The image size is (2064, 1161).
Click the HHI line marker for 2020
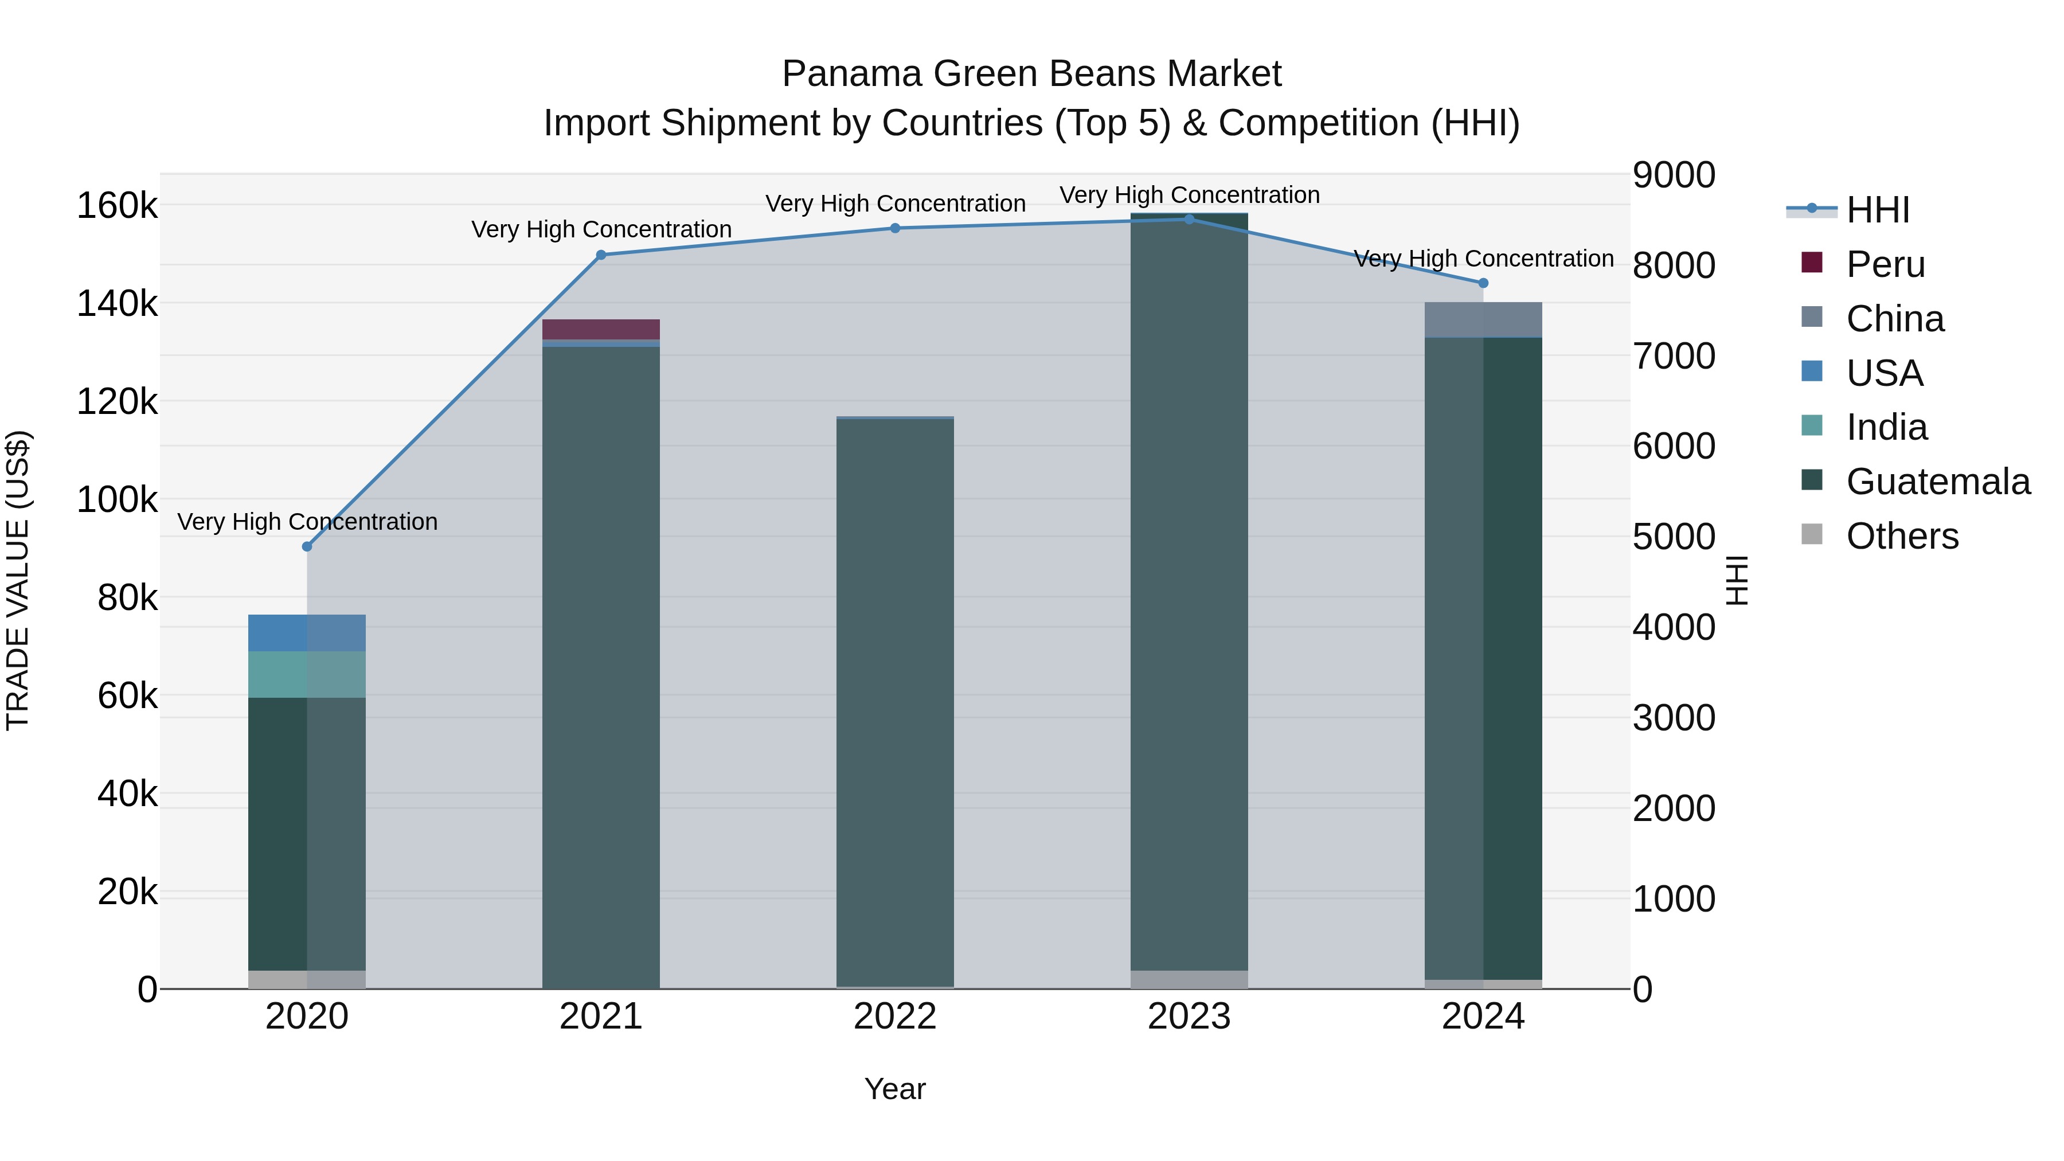[307, 546]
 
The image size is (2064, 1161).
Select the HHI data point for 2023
[1189, 220]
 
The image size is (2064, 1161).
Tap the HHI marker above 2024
[1483, 283]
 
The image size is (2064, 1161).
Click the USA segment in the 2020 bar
[307, 633]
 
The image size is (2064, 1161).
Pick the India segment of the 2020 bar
[307, 675]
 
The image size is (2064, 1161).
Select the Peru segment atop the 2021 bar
[601, 329]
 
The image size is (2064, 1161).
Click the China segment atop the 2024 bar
[1483, 320]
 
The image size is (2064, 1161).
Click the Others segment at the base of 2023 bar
[1189, 979]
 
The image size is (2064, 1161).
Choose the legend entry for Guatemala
[1937, 482]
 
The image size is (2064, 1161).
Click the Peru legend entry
[1885, 264]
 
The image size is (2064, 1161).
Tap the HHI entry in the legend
[1877, 210]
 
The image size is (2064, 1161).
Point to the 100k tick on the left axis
[117, 500]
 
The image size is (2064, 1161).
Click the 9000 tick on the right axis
[1674, 175]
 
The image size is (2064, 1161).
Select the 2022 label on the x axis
[895, 1017]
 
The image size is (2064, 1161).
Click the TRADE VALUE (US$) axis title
[18, 580]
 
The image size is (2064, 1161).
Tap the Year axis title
[895, 1089]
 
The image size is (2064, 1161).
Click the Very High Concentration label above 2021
[601, 229]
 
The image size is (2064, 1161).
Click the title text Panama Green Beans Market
[1031, 74]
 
